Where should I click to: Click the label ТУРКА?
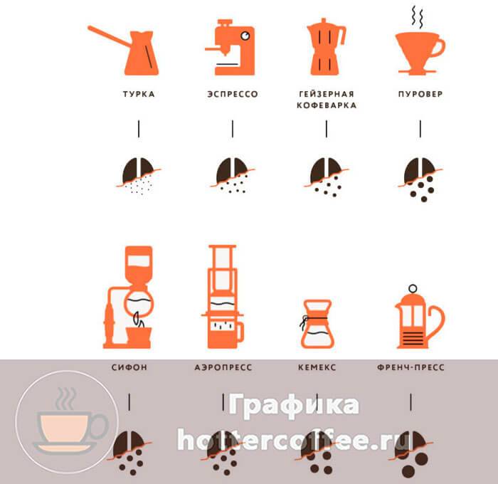tap(139, 94)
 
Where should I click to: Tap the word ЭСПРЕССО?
tap(233, 94)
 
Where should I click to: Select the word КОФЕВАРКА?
tap(327, 105)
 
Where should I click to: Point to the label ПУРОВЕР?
tap(420, 94)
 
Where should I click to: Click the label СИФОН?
tap(129, 367)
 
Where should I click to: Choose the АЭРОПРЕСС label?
tap(223, 367)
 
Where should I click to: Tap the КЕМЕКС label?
tap(317, 367)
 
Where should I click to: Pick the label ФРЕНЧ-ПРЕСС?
tap(410, 367)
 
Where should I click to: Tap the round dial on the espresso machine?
tap(245, 36)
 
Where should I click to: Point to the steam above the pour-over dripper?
tap(418, 16)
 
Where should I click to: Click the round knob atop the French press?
tap(413, 288)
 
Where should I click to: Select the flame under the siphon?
tap(139, 320)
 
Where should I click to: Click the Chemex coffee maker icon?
tap(317, 324)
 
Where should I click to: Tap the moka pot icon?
tap(326, 47)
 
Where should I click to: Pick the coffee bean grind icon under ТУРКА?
tap(139, 175)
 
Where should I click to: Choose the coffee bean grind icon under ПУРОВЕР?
tap(420, 179)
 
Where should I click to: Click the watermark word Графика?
tap(294, 405)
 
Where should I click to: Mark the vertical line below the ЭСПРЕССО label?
tap(233, 129)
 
